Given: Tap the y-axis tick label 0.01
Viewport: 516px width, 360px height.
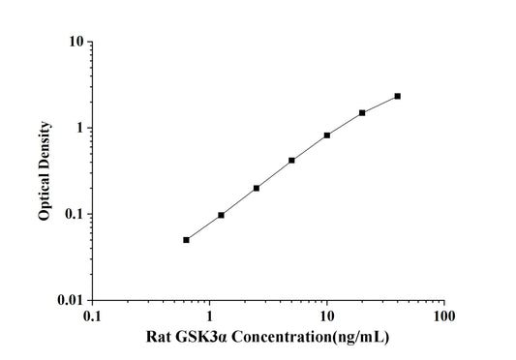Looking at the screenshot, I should [69, 300].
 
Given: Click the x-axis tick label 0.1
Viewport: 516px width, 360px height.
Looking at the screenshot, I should [92, 316].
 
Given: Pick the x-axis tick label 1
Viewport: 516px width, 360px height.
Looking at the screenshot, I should [210, 316].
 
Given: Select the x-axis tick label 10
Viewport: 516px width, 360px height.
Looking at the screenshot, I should [327, 316].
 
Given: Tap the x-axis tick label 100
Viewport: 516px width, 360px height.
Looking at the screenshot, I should [444, 316].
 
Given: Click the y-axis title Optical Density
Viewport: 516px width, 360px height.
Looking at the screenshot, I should [45, 171].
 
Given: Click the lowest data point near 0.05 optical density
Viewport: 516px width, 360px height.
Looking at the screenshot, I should [186, 240].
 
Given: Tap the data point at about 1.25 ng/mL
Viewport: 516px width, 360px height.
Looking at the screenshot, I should [221, 215].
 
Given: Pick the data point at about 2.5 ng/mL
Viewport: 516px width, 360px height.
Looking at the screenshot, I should [257, 188].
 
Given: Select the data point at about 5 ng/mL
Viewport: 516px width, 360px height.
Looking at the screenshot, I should [291, 161].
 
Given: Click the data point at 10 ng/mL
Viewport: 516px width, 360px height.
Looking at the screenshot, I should [327, 135].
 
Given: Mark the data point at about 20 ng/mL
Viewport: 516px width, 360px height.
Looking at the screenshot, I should [362, 112].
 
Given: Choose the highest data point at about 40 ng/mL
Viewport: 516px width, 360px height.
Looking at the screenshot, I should [398, 96].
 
